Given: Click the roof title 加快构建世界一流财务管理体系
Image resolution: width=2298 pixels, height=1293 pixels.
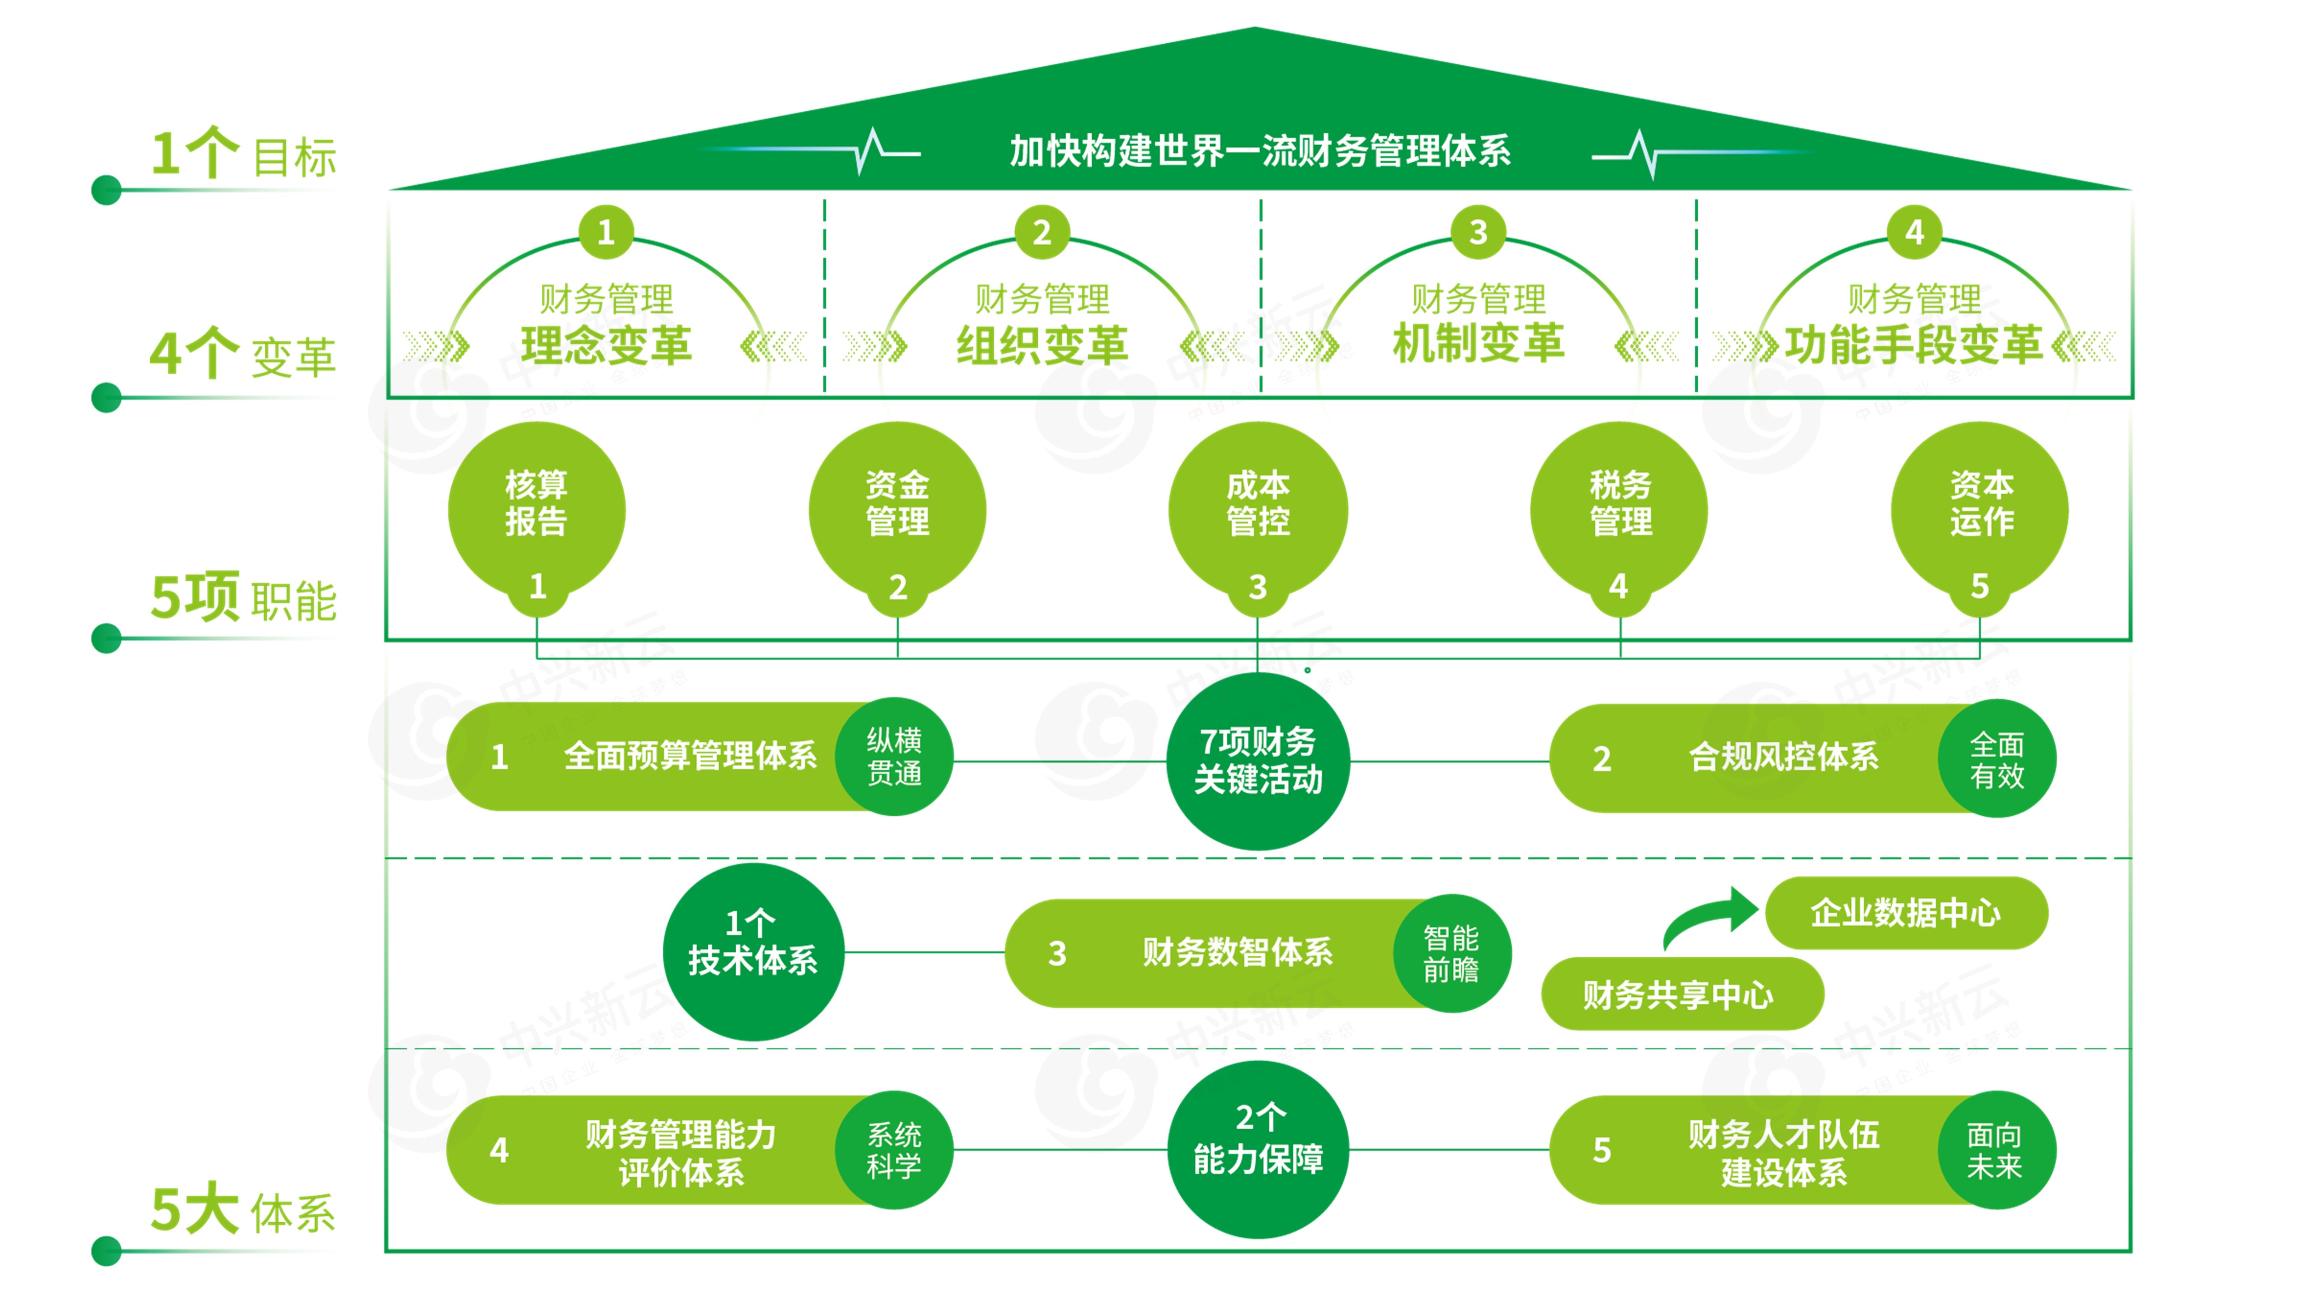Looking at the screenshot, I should click(x=1260, y=151).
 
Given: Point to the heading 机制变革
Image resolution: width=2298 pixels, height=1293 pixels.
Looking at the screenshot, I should click(x=1478, y=343).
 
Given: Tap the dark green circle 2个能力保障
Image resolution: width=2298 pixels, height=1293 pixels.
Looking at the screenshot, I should click(x=1258, y=1149).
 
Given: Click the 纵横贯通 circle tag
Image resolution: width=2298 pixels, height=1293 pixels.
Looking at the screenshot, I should click(x=894, y=757).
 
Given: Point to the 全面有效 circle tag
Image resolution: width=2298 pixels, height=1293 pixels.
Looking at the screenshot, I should click(x=1997, y=759).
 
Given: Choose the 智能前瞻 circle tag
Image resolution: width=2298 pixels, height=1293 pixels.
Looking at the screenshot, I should click(x=1451, y=953).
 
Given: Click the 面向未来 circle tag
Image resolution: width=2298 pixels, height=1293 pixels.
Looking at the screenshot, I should click(x=1996, y=1150).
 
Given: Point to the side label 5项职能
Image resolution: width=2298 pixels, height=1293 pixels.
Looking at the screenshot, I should click(x=243, y=598).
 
